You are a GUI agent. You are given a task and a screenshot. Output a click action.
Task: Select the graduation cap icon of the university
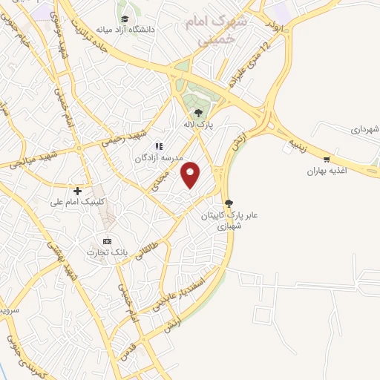pos(124,17)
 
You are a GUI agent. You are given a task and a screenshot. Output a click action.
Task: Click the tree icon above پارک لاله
pos(197,113)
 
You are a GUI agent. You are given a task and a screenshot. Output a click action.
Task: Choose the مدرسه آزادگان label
pos(153,158)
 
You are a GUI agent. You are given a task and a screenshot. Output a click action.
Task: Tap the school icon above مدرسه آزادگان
pos(158,146)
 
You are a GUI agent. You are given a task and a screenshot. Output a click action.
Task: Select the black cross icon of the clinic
pos(77,191)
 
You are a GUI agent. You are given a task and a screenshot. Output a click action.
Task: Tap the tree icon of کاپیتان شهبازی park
pos(229,203)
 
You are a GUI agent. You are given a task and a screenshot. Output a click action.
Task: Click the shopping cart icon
pos(327,159)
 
